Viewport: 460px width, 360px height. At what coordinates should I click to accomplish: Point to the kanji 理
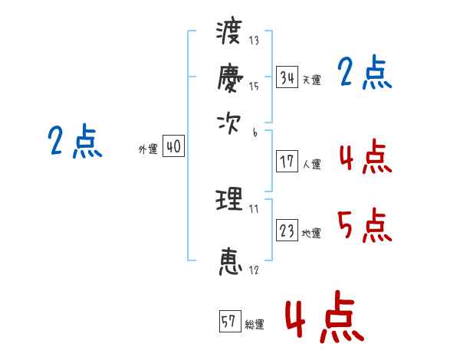[230, 199]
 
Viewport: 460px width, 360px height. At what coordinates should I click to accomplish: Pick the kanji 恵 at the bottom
[230, 261]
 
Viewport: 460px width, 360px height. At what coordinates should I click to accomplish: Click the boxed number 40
[174, 147]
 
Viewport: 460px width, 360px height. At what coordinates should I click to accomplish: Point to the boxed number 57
[228, 322]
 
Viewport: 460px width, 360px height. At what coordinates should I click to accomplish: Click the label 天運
[311, 80]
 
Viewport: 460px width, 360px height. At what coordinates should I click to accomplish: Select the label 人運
[311, 164]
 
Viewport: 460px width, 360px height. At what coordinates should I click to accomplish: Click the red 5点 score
[364, 227]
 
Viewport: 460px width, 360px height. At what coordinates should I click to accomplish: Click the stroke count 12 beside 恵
[254, 270]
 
